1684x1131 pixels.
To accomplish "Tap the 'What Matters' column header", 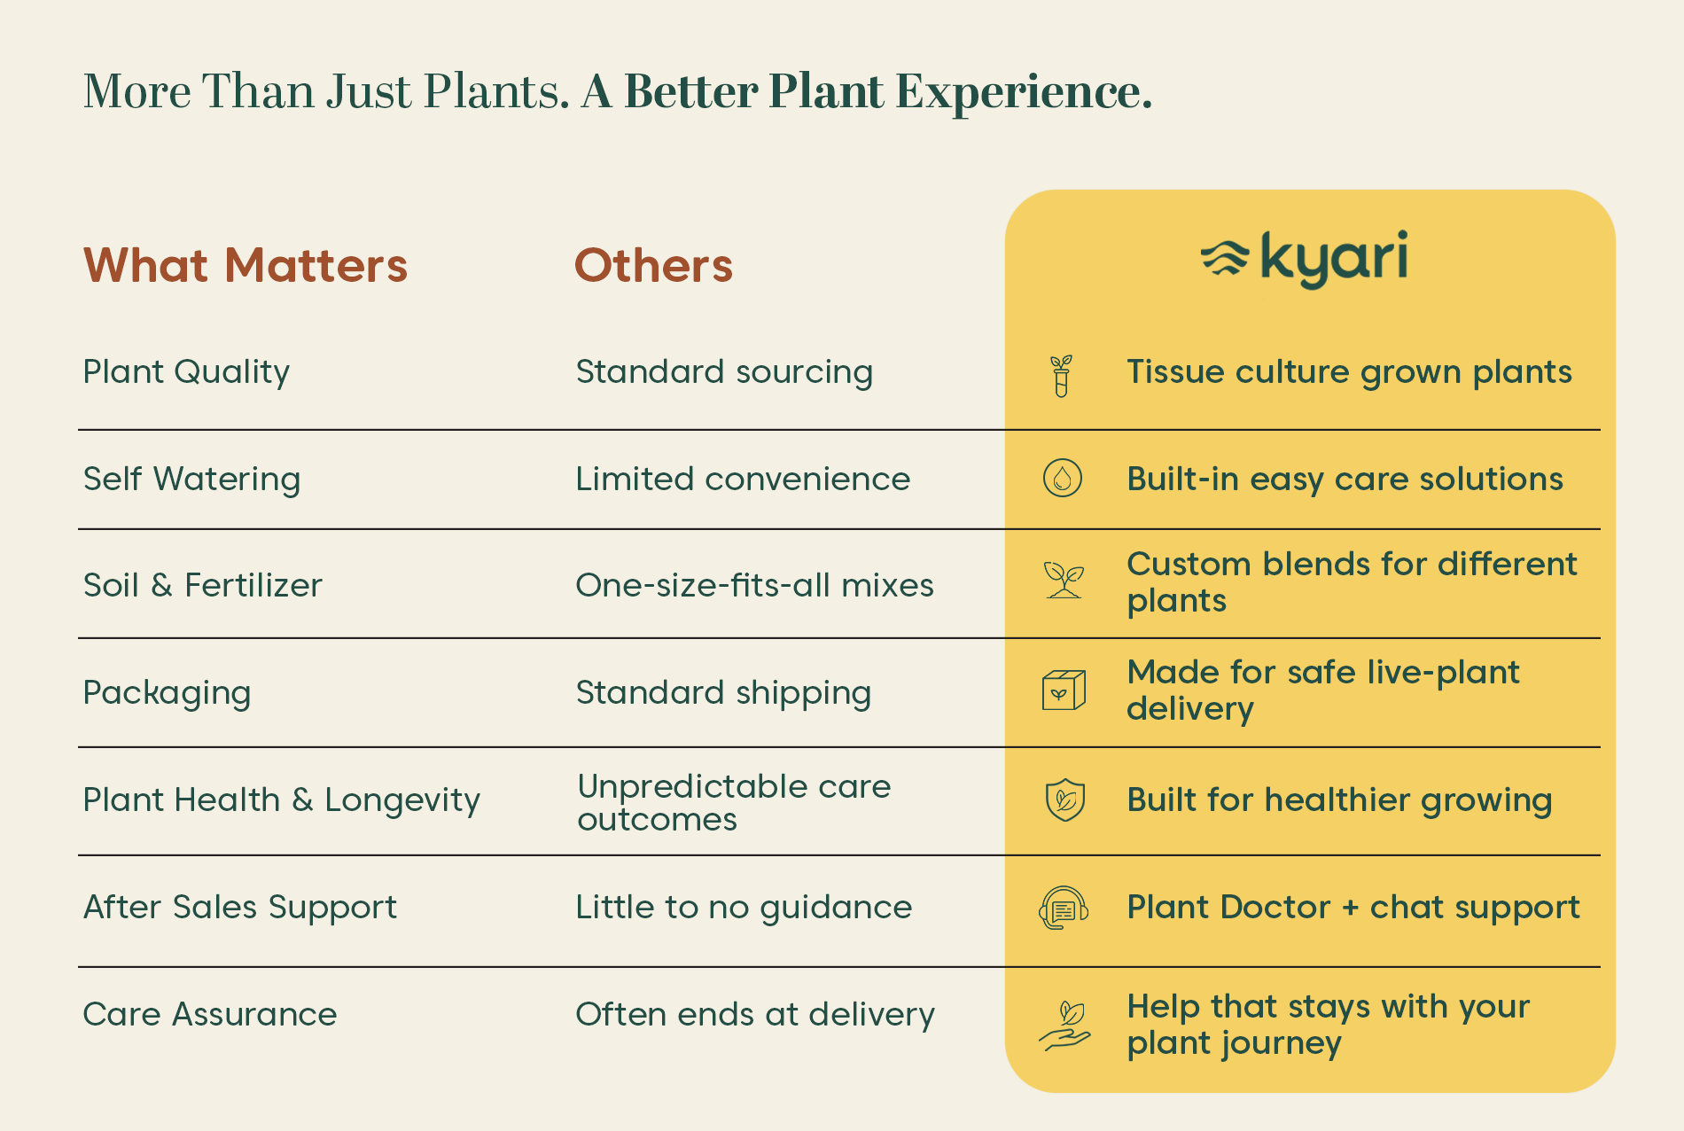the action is click(x=246, y=265).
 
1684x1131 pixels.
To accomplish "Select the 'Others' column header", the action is click(x=654, y=265).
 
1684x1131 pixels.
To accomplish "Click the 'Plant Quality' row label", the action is click(x=186, y=372).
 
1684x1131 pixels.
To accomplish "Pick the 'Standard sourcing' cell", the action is click(x=724, y=372).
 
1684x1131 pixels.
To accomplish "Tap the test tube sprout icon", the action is click(x=1061, y=376).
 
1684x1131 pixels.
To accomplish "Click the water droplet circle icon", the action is click(x=1063, y=479).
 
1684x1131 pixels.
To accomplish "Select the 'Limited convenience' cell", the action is click(x=743, y=479).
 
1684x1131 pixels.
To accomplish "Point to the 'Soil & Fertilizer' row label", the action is click(x=202, y=585).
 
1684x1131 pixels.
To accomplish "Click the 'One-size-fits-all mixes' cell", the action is click(x=754, y=585).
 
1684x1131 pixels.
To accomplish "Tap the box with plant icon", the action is click(x=1064, y=690).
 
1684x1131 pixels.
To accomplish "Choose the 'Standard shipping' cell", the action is click(x=723, y=693).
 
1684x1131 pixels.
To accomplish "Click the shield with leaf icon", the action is click(x=1064, y=799).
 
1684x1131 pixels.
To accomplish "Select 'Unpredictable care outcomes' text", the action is click(x=734, y=802).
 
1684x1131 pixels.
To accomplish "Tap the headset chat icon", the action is click(x=1064, y=908).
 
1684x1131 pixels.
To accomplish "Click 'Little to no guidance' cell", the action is click(x=744, y=908).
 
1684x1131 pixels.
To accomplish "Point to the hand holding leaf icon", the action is click(x=1064, y=1026).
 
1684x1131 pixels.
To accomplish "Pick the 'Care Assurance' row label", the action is click(x=210, y=1014).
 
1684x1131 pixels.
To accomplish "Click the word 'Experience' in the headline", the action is click(x=1024, y=91).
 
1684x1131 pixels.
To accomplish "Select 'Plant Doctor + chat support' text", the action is click(x=1353, y=908).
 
